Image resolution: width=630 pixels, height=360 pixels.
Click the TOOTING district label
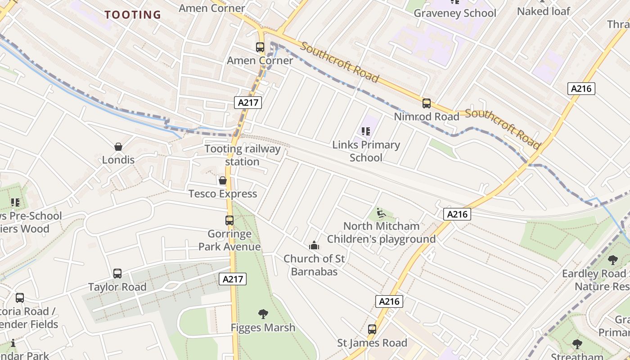point(133,15)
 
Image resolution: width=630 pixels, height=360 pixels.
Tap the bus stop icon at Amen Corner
point(260,47)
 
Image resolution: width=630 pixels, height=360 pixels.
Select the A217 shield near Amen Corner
point(248,103)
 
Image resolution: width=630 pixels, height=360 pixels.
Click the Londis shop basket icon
point(118,147)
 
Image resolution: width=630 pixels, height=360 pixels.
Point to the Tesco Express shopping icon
point(222,181)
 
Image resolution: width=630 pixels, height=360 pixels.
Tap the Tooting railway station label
point(243,155)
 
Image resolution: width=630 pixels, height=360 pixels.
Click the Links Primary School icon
point(366,131)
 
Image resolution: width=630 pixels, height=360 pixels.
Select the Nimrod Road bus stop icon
point(426,103)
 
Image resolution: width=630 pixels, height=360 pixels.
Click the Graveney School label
point(454,13)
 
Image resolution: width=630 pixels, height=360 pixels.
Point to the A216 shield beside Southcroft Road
point(581,89)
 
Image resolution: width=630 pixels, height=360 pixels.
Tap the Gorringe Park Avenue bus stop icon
point(229,220)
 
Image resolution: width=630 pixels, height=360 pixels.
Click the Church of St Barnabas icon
point(314,246)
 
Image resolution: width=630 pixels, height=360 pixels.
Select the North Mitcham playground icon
point(381,212)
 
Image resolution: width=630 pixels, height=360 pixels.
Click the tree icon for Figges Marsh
point(263,314)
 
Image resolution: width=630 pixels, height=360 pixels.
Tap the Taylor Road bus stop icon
point(117,274)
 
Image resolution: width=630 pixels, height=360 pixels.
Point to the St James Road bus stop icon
point(372,329)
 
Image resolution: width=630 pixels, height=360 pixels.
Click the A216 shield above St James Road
point(389,301)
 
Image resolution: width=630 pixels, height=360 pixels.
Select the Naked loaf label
point(543,11)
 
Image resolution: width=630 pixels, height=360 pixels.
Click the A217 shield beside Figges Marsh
point(233,279)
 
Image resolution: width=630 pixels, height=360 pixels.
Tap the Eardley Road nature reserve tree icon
point(612,260)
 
